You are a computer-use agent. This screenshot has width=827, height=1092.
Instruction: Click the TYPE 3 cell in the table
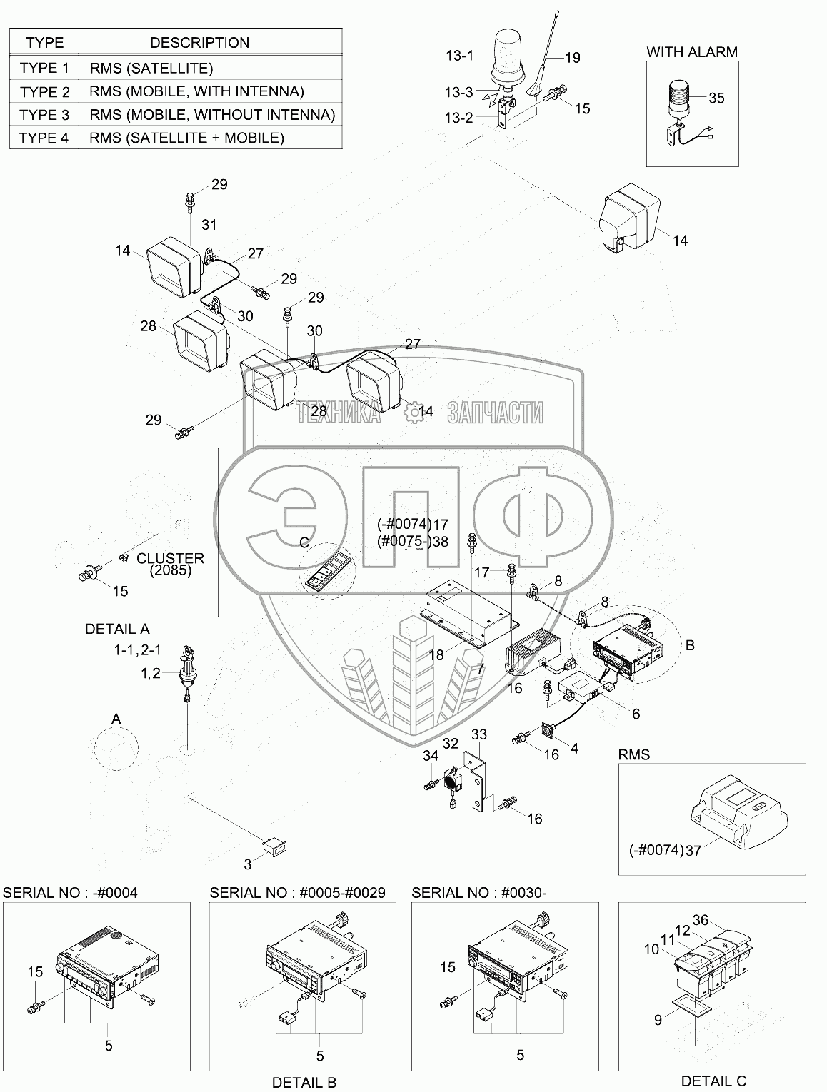(x=44, y=115)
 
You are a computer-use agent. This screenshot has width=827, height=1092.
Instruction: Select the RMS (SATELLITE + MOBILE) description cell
(x=187, y=138)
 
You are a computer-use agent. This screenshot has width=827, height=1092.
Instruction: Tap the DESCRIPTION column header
(x=199, y=43)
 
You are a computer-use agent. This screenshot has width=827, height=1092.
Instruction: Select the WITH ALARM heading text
(x=691, y=52)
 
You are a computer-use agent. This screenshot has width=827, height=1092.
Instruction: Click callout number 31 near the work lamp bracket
(x=209, y=226)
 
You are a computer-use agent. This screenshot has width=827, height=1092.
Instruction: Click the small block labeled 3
(x=276, y=848)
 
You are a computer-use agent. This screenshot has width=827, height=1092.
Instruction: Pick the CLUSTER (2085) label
(x=170, y=565)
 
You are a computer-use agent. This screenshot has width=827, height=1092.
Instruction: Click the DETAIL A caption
(x=117, y=630)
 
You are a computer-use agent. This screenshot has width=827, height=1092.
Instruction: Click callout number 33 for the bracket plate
(x=479, y=735)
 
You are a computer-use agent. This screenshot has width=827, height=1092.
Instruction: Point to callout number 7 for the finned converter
(x=481, y=667)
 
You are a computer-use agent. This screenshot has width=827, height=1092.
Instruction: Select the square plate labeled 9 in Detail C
(x=686, y=1008)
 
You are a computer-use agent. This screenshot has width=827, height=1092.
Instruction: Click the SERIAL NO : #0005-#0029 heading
(x=297, y=893)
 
